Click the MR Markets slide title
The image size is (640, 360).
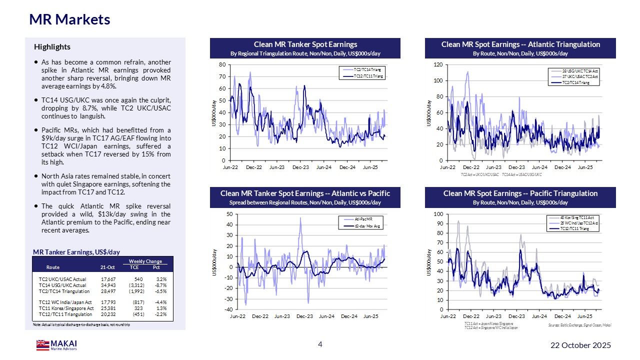tap(69, 19)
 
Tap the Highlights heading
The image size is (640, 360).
tap(52, 47)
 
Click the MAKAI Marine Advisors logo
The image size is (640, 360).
tap(56, 345)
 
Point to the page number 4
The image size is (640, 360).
tap(320, 344)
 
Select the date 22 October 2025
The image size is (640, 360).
tap(580, 345)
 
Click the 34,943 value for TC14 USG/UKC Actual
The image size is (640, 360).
tap(108, 285)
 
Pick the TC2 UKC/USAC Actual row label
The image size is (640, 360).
tap(62, 279)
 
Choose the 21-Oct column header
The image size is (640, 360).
tap(107, 267)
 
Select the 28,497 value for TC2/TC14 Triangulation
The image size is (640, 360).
tap(108, 291)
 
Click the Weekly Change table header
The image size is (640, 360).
tap(145, 261)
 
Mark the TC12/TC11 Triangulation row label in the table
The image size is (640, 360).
tap(65, 314)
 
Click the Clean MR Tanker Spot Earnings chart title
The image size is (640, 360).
tap(305, 44)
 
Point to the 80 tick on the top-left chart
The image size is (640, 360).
tap(222, 65)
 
